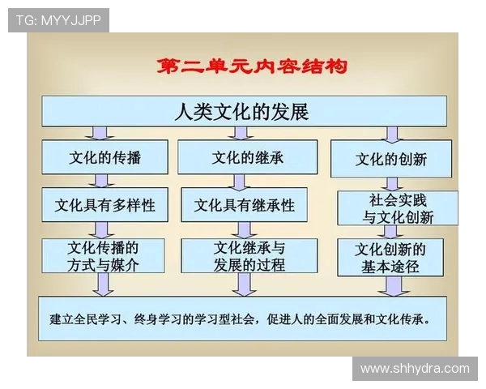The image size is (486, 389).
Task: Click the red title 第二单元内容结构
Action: coord(251,66)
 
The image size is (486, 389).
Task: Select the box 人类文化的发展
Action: coord(243,111)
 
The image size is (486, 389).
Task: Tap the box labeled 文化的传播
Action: coord(105,157)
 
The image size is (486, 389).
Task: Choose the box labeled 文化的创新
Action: coord(391,159)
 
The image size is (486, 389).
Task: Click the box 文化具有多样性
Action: coord(105,205)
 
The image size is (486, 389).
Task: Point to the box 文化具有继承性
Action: coord(245,205)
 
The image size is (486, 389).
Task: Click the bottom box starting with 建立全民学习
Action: coord(243,318)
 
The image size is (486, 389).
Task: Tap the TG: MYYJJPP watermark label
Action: coord(58,20)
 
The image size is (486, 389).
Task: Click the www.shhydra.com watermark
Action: coord(415,368)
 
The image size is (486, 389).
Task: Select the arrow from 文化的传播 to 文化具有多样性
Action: coord(103,181)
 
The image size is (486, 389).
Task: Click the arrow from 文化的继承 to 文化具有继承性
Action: coord(244,181)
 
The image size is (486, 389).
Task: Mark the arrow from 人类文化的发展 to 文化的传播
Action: coord(101,132)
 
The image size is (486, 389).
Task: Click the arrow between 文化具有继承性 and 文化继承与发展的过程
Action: coord(244,229)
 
